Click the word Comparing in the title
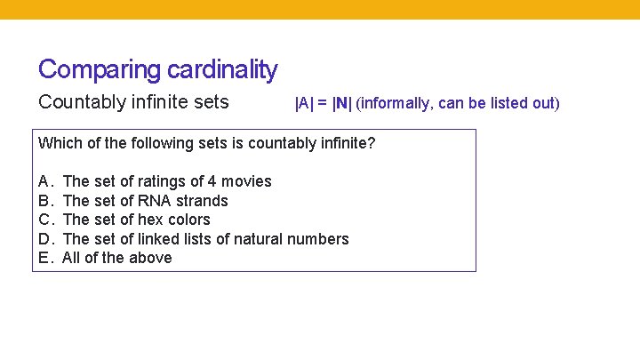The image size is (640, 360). [88, 69]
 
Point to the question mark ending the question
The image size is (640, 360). [372, 142]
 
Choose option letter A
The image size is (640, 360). [44, 181]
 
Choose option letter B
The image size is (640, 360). [44, 201]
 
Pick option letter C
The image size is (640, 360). [44, 220]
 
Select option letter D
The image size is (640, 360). [44, 239]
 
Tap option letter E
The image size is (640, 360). [44, 258]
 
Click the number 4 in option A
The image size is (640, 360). [212, 181]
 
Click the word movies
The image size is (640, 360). [246, 181]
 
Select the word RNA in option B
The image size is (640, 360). [155, 201]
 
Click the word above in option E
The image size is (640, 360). [150, 258]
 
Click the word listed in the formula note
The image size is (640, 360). [500, 103]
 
